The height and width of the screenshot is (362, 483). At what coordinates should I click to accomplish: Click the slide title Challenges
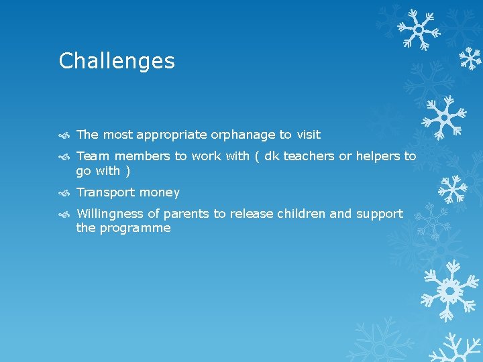pos(117,61)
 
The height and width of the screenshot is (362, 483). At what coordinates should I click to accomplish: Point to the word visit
pos(309,135)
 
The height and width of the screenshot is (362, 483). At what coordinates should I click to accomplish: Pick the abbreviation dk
pos(272,156)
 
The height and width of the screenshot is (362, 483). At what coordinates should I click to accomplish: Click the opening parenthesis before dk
pos(257,157)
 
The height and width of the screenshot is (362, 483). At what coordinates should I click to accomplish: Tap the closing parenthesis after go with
pos(128,171)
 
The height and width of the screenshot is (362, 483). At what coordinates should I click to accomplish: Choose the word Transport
pos(106,192)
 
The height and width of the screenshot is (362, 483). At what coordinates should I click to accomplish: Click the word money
pos(160,193)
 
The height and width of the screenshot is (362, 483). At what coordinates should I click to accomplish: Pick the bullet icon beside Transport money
pos(64,193)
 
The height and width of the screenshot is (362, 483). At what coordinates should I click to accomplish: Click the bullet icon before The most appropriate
pos(64,135)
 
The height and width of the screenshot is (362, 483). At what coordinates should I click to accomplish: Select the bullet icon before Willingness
pos(64,215)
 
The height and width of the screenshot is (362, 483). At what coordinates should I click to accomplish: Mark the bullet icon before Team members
pos(64,157)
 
